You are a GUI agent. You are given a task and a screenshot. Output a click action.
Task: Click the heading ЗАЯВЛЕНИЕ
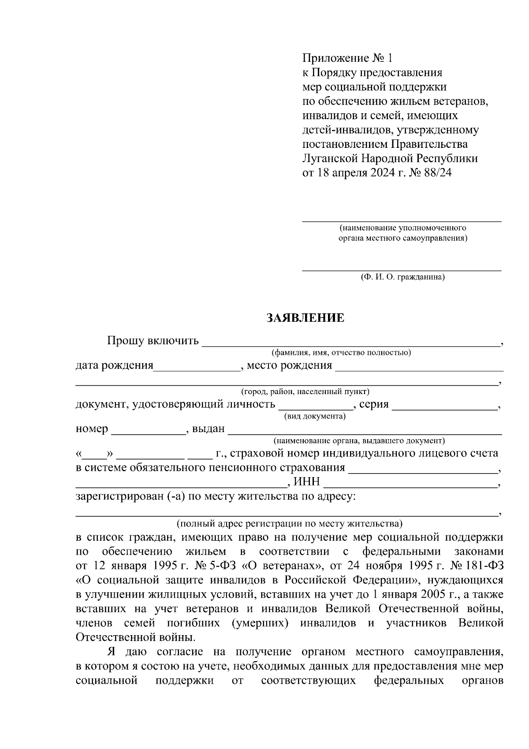[305, 318]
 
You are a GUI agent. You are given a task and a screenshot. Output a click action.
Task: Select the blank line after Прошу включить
[350, 342]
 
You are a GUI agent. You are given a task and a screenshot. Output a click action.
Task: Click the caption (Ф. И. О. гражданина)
[402, 278]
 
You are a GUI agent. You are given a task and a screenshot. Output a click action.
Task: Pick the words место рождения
[289, 365]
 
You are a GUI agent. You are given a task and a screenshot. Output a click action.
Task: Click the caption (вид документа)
[314, 416]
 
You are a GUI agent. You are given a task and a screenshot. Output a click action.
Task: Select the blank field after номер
[148, 430]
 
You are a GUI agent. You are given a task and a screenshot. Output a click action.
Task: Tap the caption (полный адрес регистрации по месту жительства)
[289, 524]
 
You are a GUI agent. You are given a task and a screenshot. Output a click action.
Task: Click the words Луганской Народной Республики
[390, 158]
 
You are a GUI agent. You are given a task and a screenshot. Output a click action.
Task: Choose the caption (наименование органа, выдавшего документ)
[359, 441]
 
